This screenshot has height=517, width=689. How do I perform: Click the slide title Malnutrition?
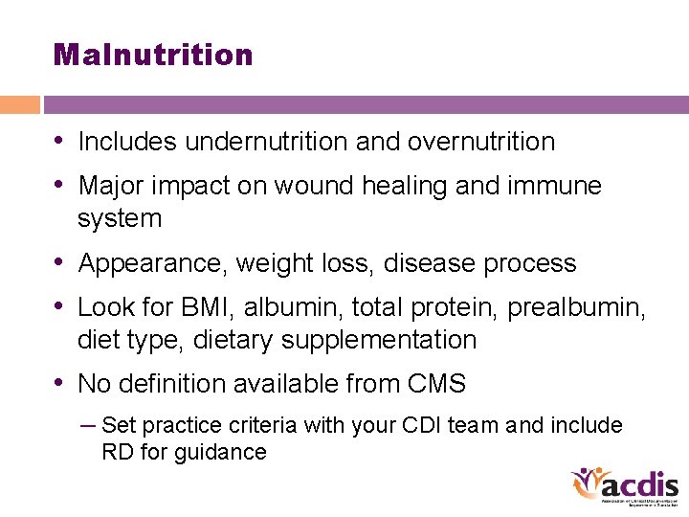pyautogui.click(x=153, y=55)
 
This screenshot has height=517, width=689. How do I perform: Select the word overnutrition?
pyautogui.click(x=481, y=142)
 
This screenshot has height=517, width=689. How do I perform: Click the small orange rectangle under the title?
pyautogui.click(x=20, y=104)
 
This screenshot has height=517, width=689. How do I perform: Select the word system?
pyautogui.click(x=120, y=219)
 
